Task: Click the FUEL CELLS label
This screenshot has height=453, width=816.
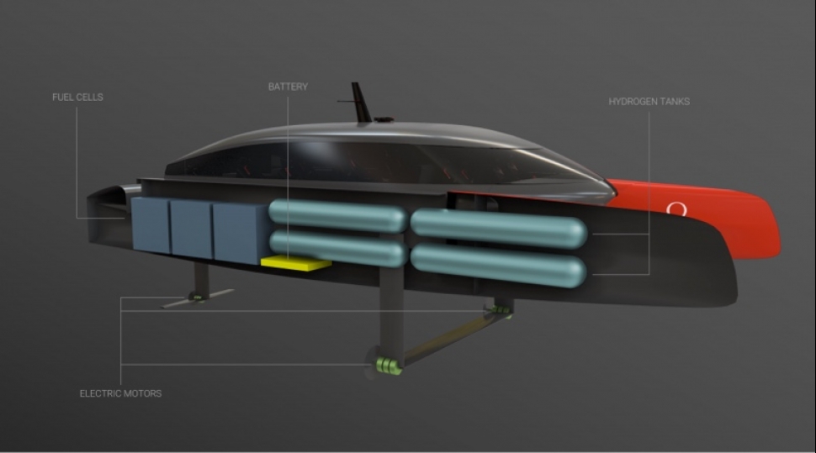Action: (77, 97)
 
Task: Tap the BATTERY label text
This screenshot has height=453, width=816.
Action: (288, 87)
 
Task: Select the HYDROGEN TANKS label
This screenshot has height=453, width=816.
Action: (649, 102)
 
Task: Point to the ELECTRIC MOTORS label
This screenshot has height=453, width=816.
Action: (120, 393)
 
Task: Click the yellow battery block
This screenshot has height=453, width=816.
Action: (295, 263)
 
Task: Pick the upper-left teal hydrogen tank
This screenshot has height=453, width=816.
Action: (337, 216)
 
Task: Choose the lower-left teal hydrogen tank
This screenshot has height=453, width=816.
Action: (337, 248)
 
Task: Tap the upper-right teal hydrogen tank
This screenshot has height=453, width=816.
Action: (499, 228)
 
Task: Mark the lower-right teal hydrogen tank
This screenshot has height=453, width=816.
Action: (499, 266)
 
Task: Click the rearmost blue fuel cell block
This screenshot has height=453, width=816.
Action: (151, 225)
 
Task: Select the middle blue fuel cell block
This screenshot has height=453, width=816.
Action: (192, 229)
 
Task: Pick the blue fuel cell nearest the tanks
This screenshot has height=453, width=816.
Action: (241, 233)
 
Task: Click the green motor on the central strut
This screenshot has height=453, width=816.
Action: (389, 365)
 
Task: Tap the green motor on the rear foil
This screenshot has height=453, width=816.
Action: (197, 298)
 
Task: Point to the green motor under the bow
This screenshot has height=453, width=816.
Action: (500, 310)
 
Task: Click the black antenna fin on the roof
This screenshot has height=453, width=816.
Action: (360, 103)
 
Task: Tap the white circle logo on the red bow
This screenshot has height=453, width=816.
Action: (676, 209)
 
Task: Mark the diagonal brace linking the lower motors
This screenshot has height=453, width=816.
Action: (448, 338)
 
